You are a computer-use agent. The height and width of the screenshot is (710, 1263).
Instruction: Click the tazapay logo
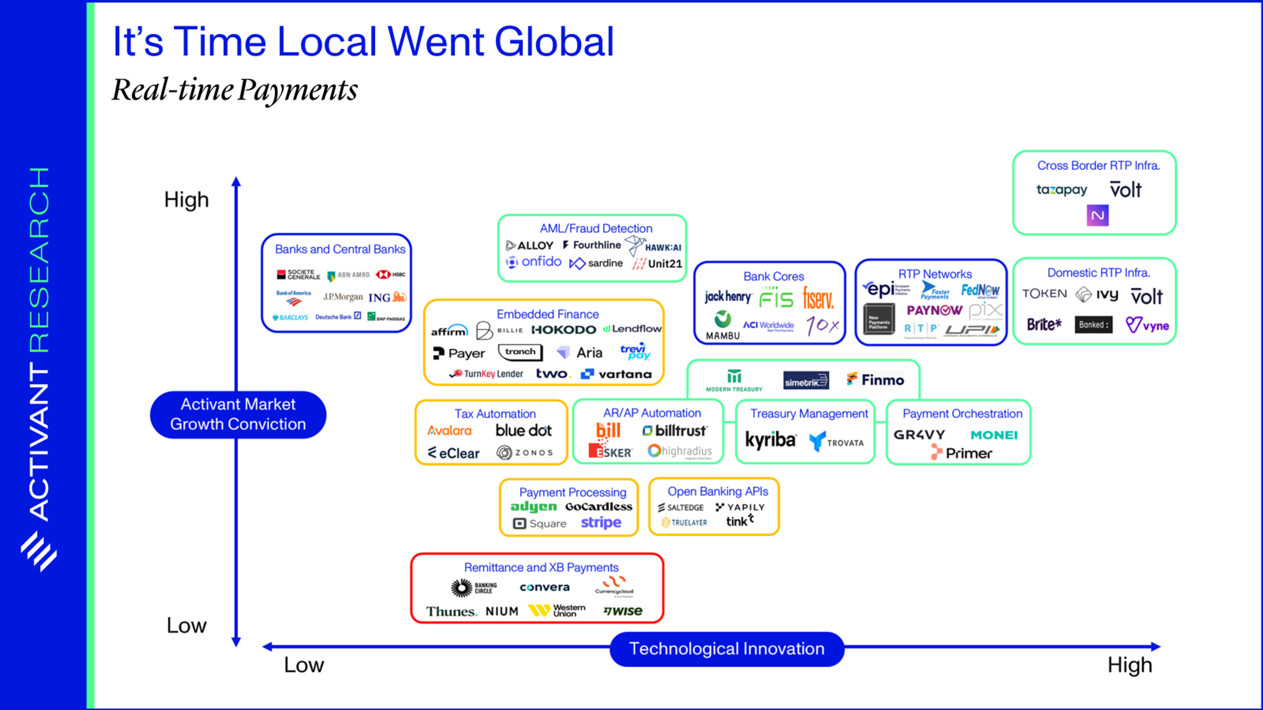click(1061, 190)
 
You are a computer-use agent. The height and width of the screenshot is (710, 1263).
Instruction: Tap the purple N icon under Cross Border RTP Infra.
click(1097, 216)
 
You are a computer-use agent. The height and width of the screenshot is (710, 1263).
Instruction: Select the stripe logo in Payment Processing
click(601, 523)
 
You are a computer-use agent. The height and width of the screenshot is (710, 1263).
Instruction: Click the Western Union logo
click(557, 610)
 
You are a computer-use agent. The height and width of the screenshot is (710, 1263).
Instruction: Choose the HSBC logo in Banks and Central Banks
click(391, 274)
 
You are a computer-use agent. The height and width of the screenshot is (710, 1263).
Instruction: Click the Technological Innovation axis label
click(727, 649)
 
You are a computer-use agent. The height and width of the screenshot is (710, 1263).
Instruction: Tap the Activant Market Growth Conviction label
click(238, 414)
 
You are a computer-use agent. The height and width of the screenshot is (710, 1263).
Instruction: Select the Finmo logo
click(875, 380)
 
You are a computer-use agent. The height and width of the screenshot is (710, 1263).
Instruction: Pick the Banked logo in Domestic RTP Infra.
click(1093, 325)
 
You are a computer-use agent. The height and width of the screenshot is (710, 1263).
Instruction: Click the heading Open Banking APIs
click(718, 491)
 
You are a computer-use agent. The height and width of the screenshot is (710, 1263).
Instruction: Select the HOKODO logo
click(563, 330)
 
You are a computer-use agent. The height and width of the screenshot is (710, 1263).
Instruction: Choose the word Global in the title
click(554, 42)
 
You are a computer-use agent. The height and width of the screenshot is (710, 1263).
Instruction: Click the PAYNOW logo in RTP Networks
click(934, 310)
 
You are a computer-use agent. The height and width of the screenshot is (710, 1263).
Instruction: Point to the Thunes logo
click(451, 611)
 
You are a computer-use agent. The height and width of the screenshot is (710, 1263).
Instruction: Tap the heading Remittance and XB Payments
click(541, 567)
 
